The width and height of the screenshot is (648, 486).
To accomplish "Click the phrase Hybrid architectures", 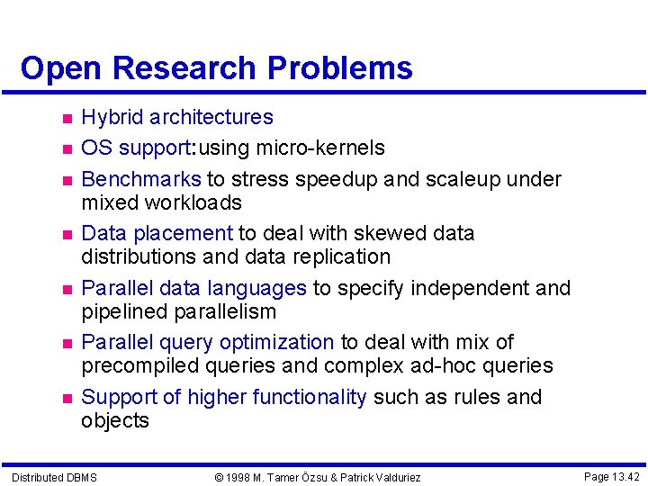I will [177, 117].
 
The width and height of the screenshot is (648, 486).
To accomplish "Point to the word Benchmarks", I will [141, 179].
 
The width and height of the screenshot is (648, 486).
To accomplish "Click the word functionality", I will [310, 397].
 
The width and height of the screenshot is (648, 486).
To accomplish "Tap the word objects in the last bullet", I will [115, 420].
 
